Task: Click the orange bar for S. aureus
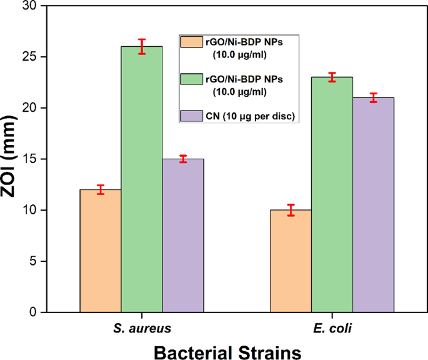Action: point(101,250)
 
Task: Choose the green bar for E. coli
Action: point(332,194)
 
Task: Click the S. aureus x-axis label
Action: point(142,327)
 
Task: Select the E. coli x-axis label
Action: point(332,327)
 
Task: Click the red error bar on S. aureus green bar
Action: point(142,46)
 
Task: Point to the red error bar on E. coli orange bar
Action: point(291,210)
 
